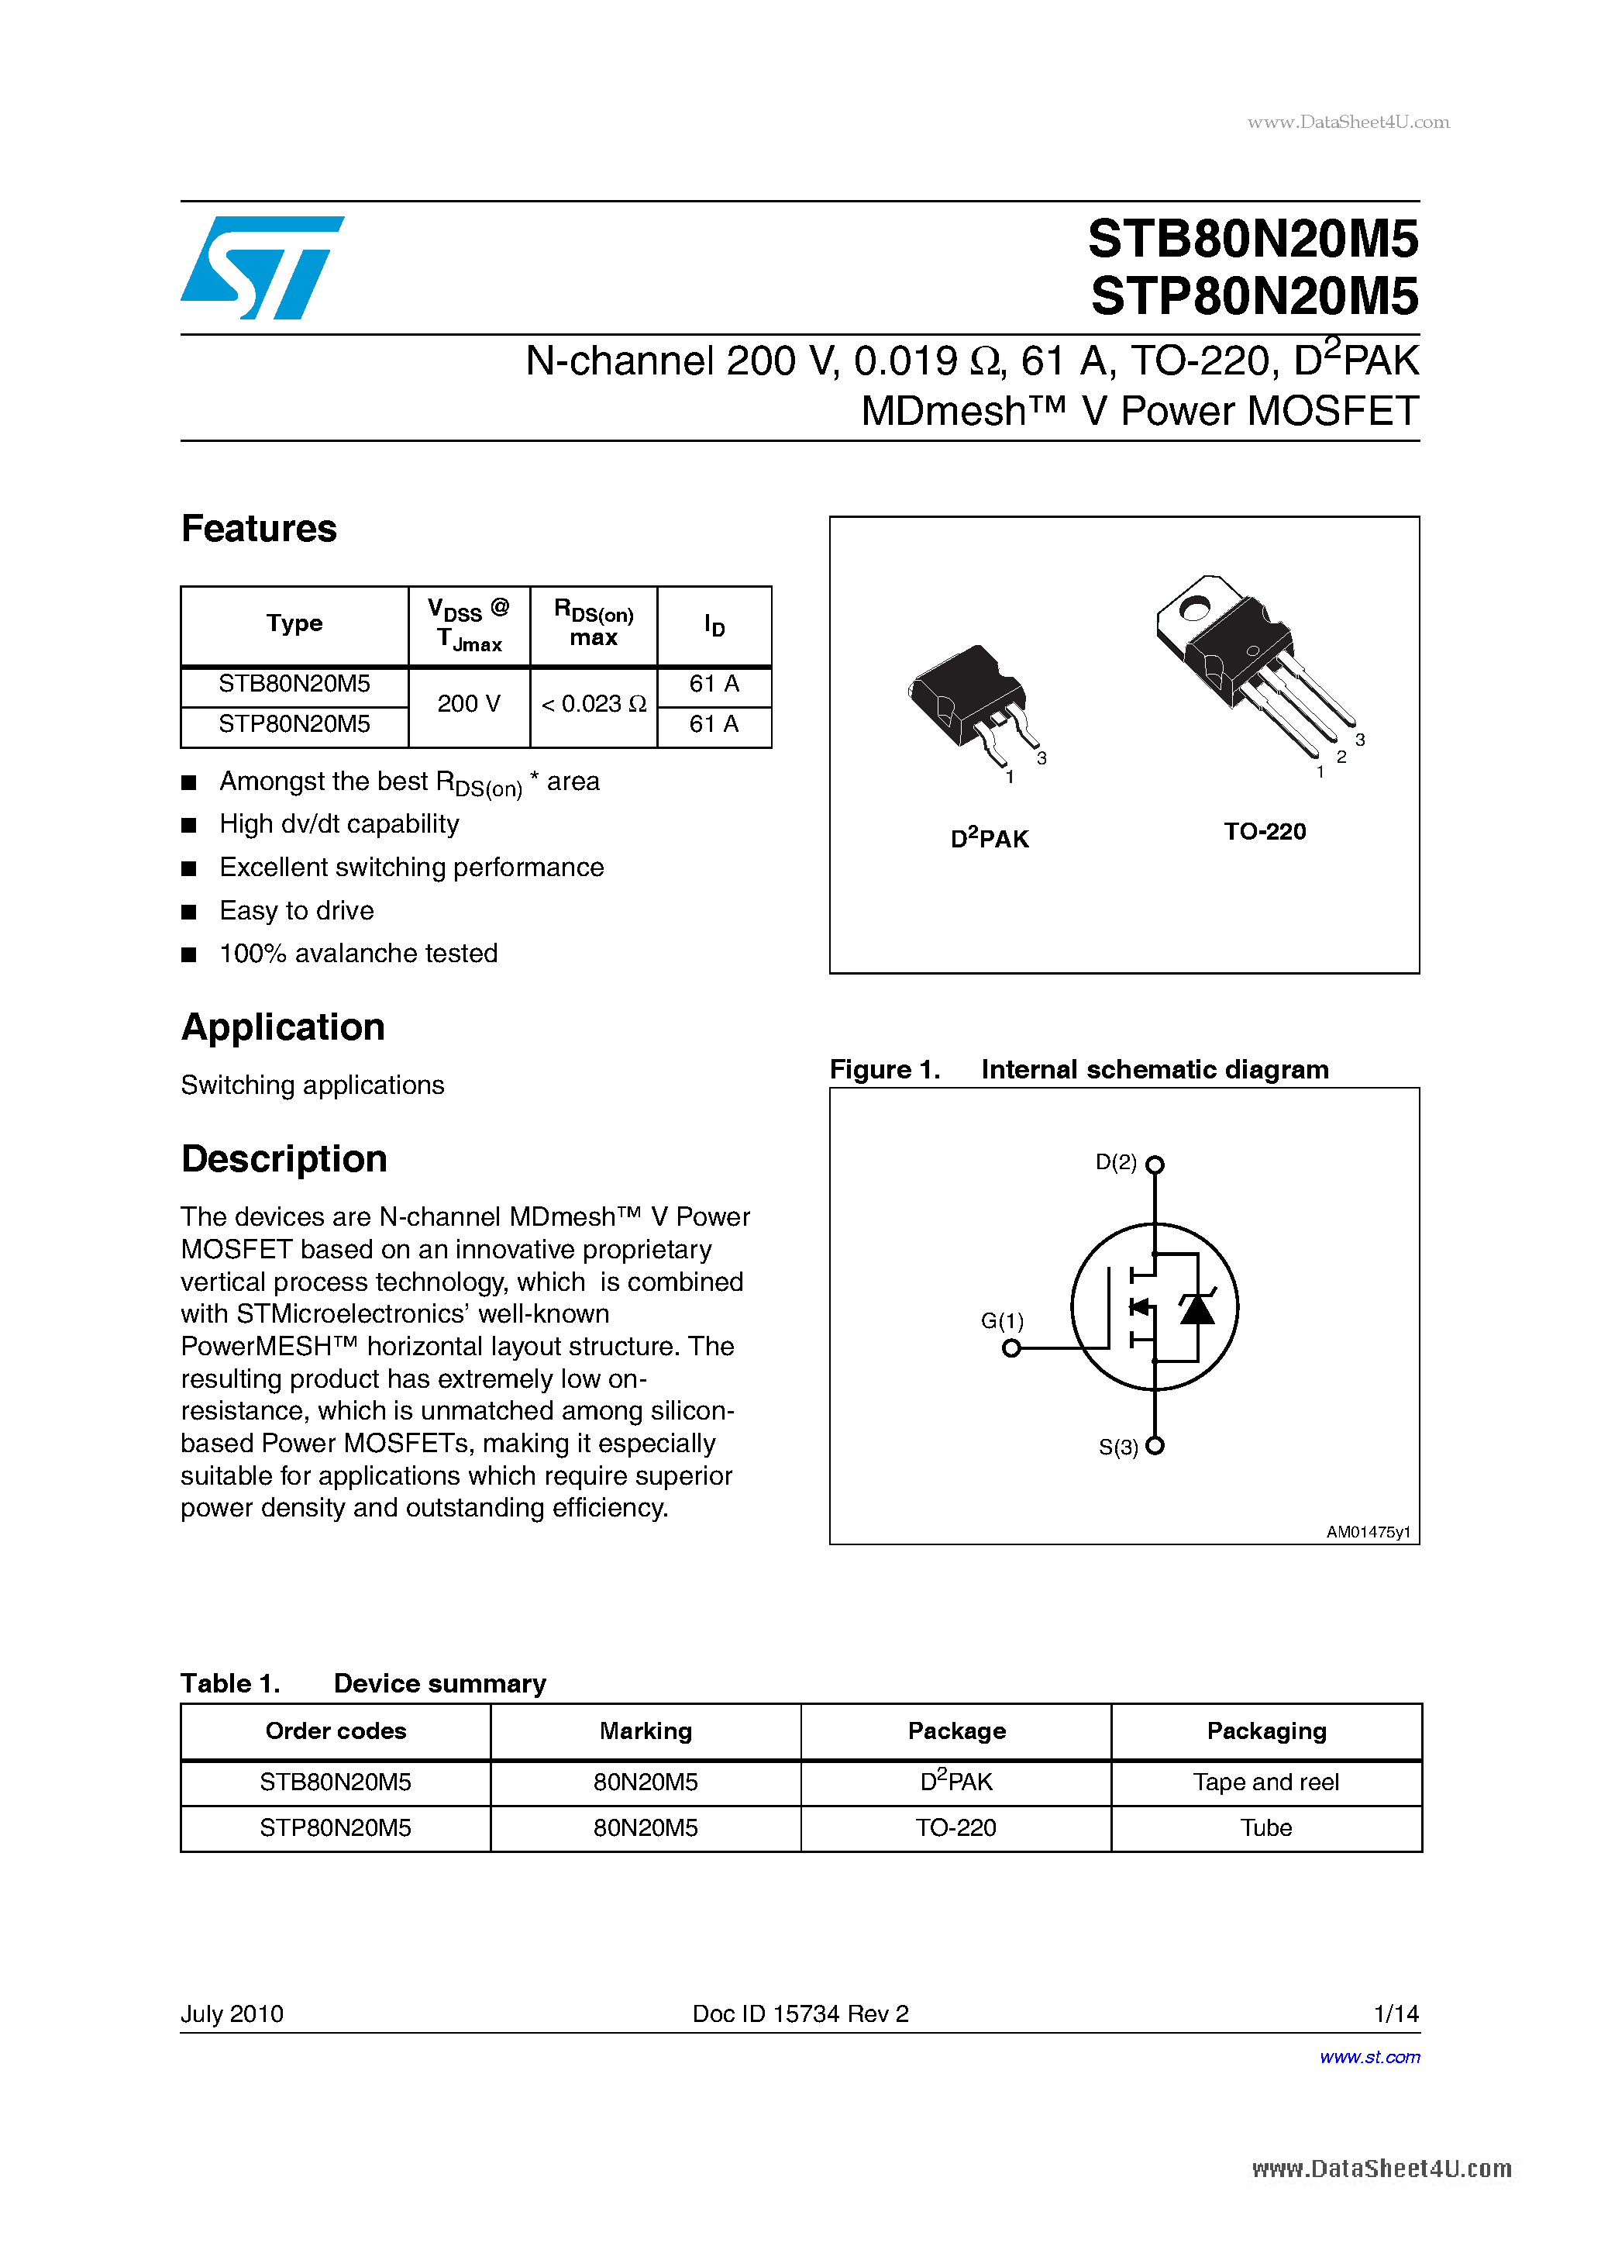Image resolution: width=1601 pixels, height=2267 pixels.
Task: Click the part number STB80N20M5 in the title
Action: pos(1252,239)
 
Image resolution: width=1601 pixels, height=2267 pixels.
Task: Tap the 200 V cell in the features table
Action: pos(469,704)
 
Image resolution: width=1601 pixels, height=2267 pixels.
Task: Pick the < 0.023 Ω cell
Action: pos(594,704)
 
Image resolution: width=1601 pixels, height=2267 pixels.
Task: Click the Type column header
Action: pos(294,624)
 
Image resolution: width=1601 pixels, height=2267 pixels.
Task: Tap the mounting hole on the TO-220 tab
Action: pos(1194,608)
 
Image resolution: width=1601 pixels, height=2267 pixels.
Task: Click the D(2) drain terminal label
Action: pos(1117,1162)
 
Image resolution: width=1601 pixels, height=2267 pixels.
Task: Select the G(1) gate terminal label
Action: pos(1002,1320)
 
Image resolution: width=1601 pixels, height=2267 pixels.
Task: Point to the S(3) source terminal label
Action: pos(1118,1447)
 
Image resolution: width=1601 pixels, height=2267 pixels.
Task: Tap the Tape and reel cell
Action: pos(1265,1782)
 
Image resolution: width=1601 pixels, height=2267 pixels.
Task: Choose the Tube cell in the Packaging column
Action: pos(1265,1827)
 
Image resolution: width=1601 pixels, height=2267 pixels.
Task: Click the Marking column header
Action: pos(646,1730)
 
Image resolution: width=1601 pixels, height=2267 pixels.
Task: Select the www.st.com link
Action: pos(1369,2057)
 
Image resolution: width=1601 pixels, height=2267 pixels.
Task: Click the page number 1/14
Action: pos(1396,2013)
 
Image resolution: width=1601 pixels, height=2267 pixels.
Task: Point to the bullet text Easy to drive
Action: pos(296,910)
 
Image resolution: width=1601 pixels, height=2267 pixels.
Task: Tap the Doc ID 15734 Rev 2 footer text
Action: pos(800,2013)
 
